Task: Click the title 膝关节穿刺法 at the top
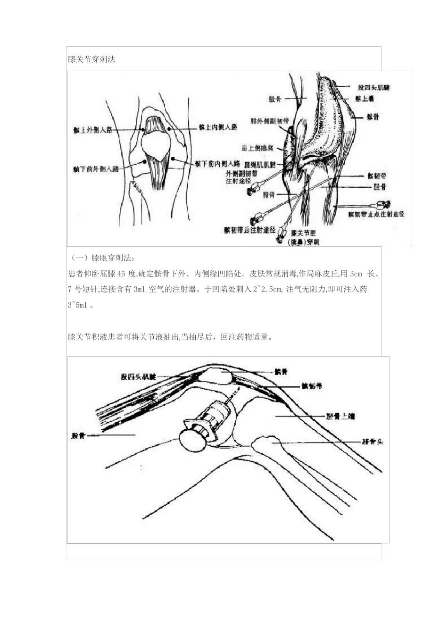coord(91,60)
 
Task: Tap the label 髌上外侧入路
coord(93,130)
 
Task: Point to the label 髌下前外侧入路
coord(96,168)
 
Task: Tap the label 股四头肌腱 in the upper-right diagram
coord(374,88)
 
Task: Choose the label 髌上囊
coord(365,98)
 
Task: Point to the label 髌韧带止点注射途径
coord(376,214)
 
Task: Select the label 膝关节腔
coord(304,233)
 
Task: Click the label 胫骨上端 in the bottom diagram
coord(341,416)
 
